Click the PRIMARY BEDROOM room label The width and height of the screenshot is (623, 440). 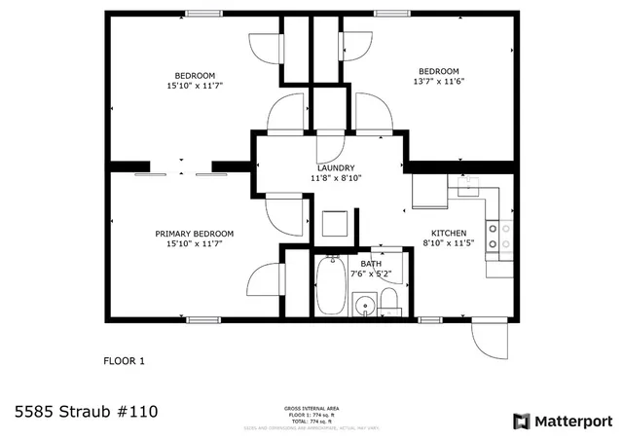pos(195,234)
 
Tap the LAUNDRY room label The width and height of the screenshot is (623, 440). pos(336,167)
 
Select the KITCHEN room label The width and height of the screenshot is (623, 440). pos(449,233)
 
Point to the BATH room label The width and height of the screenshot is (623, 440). pos(371,263)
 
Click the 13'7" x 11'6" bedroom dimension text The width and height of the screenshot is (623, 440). pos(438,83)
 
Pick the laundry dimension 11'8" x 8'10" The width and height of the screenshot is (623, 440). pos(336,178)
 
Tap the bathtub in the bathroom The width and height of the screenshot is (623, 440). pos(331,285)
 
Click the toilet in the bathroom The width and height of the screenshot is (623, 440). pos(389,300)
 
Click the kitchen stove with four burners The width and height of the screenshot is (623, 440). pos(499,237)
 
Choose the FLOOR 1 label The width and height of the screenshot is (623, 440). pos(124,361)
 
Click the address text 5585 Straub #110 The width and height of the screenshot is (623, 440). pos(86,412)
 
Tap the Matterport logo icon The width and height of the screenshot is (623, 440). pos(521,421)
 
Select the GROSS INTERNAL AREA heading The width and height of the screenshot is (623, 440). pos(311,409)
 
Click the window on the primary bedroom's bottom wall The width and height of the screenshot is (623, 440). pos(202,319)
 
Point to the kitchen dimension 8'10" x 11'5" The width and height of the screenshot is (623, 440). pos(449,243)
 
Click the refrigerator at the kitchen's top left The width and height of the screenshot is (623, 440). pos(429,191)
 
